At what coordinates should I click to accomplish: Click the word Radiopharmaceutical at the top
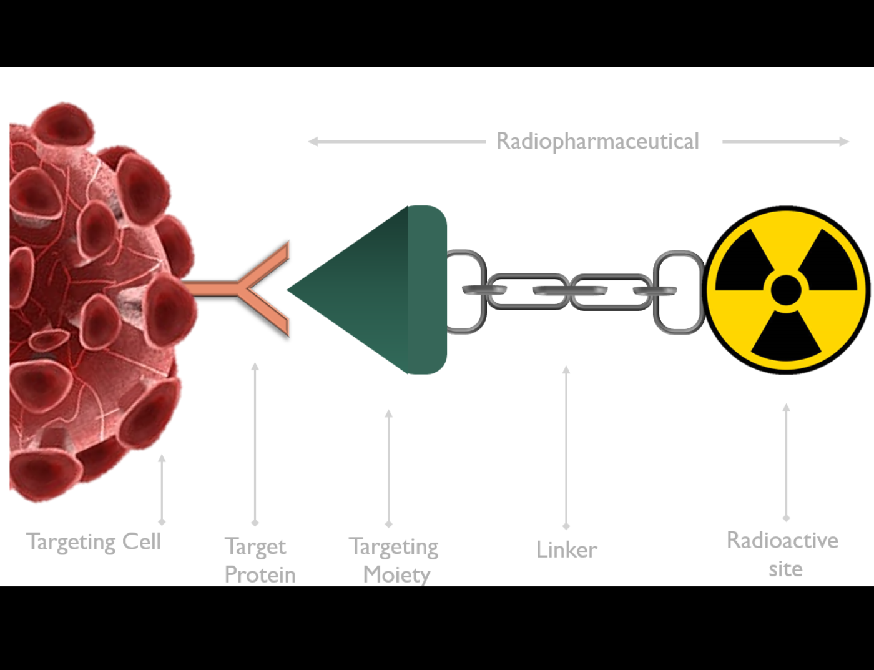tap(597, 142)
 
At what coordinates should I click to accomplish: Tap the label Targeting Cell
tap(94, 541)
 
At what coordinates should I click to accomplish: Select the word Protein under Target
tap(260, 574)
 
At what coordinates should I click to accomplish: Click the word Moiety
tap(396, 574)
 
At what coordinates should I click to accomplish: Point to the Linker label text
tap(566, 550)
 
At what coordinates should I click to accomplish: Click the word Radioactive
tap(782, 540)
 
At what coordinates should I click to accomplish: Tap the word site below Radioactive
tap(785, 569)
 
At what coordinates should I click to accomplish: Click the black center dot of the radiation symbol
tap(786, 290)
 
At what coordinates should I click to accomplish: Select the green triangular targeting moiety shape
tap(375, 290)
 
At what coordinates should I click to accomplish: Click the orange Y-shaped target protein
tap(250, 289)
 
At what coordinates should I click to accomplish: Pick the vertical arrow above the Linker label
tap(566, 446)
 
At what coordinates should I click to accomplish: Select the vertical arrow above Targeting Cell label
tap(162, 490)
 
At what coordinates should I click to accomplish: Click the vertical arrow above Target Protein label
tap(255, 443)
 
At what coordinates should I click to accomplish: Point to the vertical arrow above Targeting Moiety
tap(389, 468)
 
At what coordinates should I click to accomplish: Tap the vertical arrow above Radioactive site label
tap(786, 462)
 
